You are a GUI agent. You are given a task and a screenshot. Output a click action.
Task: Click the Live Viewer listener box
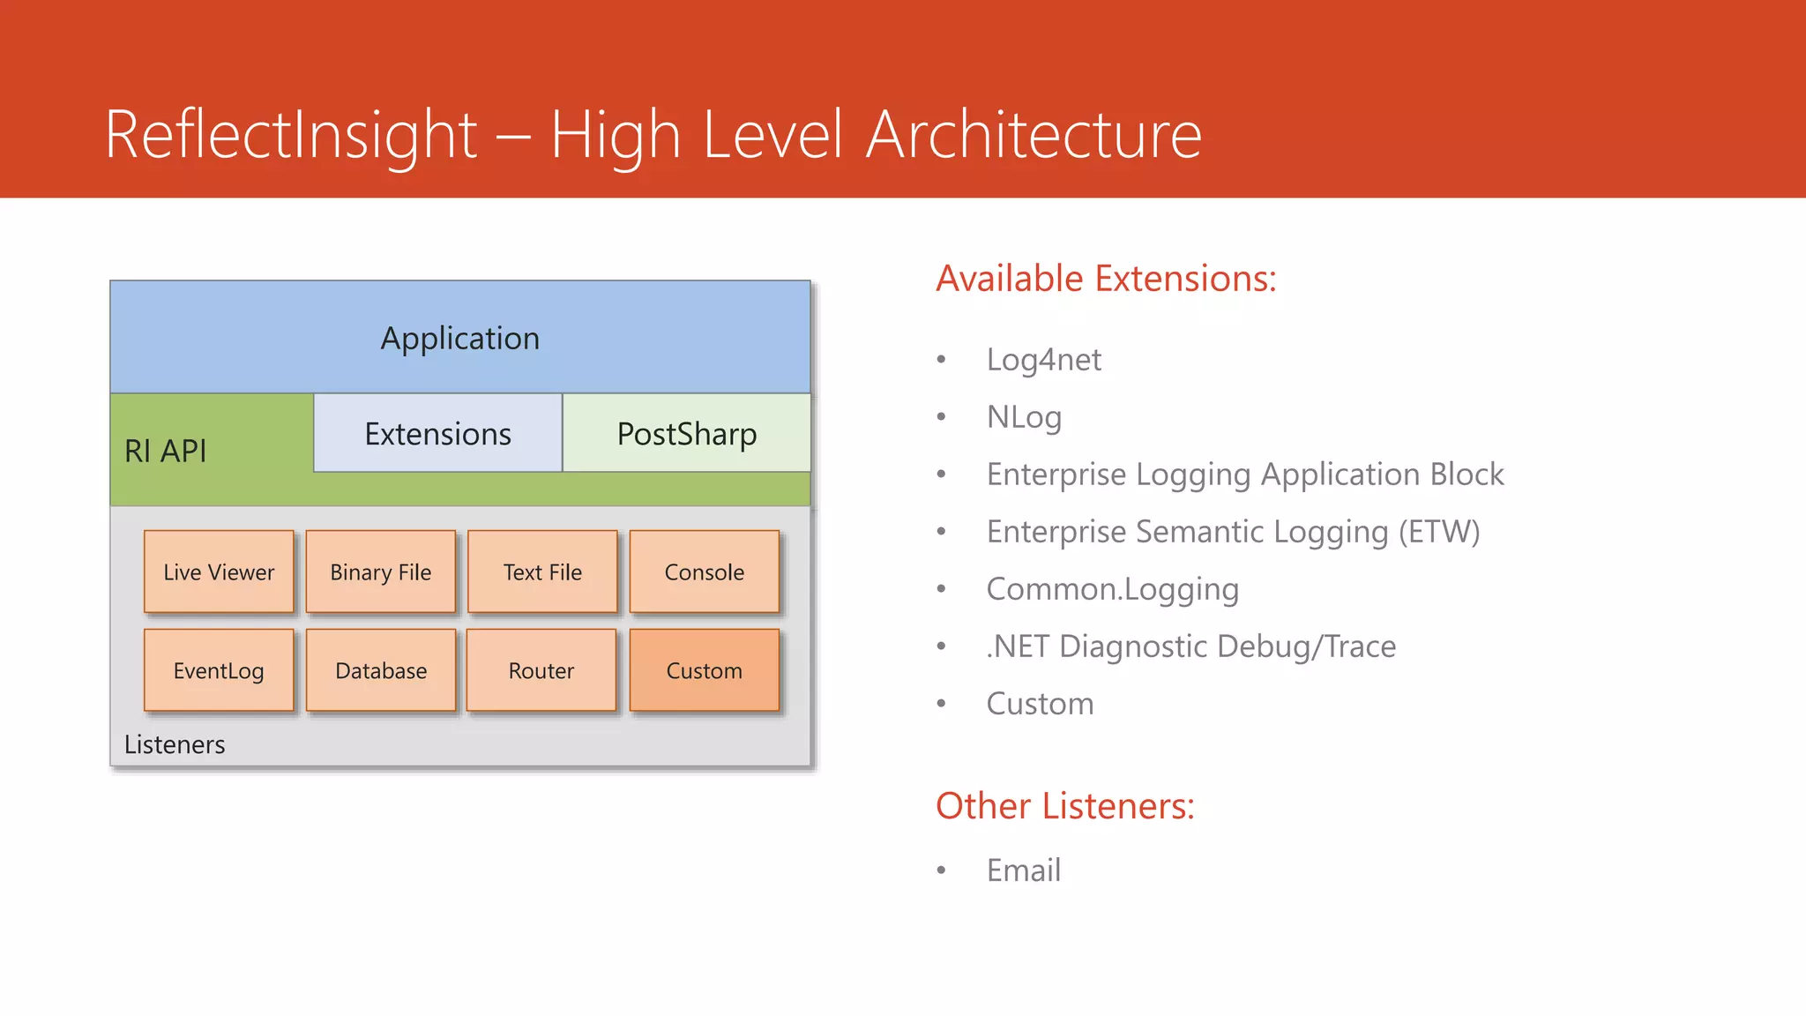[219, 571]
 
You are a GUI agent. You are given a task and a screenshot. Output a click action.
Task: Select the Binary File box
[381, 571]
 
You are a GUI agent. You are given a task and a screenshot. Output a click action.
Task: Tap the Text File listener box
[542, 571]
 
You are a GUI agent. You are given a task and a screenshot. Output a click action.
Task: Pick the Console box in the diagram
[705, 571]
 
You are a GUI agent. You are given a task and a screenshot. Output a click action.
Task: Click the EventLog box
[219, 670]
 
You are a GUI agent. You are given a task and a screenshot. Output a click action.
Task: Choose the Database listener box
[381, 670]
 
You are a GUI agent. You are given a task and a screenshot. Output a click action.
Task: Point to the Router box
[541, 670]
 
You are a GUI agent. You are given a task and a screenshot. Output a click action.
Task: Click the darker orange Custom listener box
[705, 670]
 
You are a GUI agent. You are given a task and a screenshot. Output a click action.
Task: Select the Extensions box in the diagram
[437, 433]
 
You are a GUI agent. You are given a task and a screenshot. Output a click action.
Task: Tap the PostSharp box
[687, 433]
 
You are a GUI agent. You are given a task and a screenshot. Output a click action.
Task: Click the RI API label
[166, 451]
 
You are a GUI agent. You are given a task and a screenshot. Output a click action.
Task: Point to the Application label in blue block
[460, 339]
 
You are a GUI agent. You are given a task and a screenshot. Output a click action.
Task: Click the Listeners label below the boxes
[175, 744]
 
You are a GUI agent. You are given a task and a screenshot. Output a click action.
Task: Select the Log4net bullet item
[1044, 360]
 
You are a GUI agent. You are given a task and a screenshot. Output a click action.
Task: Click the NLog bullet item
[1024, 417]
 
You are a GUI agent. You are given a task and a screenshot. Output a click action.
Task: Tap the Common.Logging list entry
[1113, 589]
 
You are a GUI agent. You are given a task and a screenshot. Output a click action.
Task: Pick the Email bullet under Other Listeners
[1024, 870]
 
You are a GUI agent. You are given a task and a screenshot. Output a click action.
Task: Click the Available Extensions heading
[1106, 279]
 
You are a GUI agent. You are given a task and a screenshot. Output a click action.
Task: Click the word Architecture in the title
[1034, 135]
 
